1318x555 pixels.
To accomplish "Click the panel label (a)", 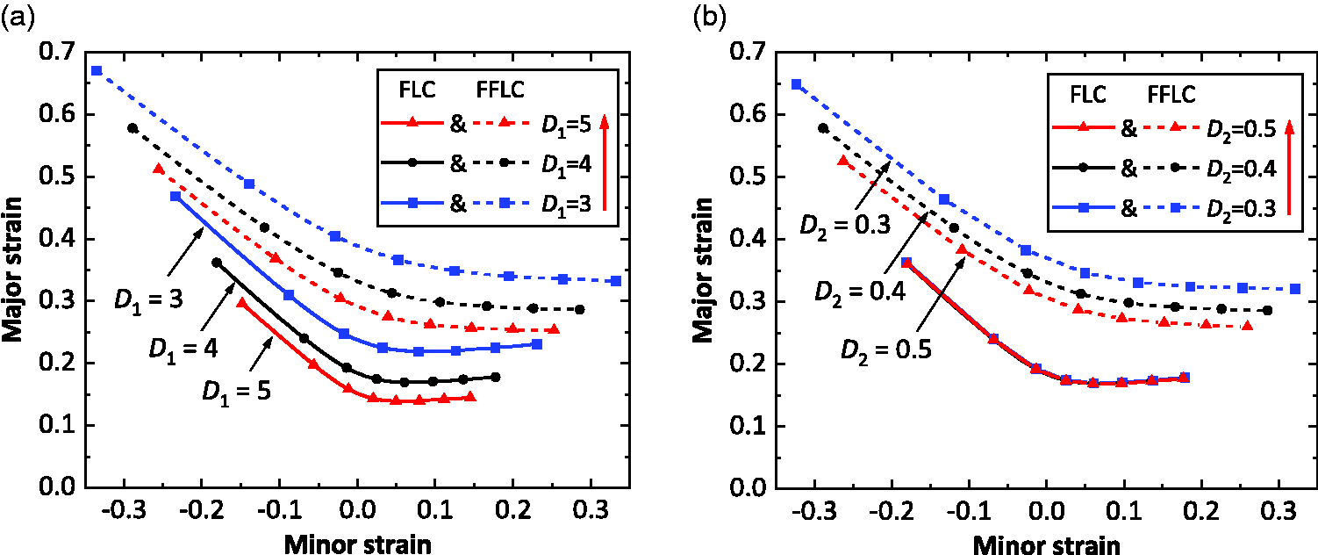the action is click(x=18, y=18).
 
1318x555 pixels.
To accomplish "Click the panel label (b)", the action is click(x=710, y=18).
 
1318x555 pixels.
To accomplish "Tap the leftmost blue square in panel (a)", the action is click(x=97, y=70).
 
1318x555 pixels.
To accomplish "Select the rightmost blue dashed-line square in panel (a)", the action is click(x=616, y=281).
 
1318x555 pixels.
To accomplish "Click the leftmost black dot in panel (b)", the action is click(x=823, y=128).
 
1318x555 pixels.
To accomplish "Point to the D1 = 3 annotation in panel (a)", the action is click(x=148, y=300).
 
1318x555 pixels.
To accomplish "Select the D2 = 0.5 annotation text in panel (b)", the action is click(x=886, y=350).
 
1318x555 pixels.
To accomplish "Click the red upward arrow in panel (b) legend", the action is click(x=1289, y=167).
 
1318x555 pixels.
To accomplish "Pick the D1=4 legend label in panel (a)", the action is click(x=566, y=164).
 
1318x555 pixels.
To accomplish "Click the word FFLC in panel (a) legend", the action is click(x=499, y=90).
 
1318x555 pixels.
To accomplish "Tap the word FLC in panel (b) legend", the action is click(x=1088, y=95).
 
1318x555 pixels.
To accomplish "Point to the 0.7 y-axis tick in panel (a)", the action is click(x=58, y=51).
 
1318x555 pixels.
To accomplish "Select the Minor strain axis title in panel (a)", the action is click(x=358, y=544).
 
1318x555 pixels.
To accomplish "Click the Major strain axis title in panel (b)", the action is click(x=703, y=270).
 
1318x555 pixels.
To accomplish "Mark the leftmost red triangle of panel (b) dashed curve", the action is click(x=843, y=161).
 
